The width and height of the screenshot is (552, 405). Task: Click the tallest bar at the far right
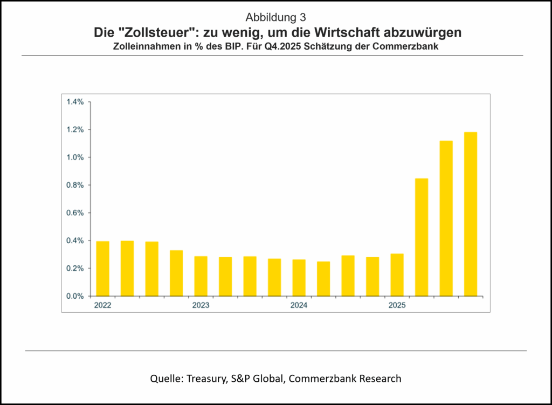(471, 214)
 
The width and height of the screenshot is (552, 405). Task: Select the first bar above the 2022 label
(102, 269)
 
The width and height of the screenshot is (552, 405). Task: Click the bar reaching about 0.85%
(422, 237)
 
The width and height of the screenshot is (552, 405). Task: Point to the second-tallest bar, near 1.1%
(446, 218)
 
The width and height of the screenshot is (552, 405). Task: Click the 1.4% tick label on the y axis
(75, 102)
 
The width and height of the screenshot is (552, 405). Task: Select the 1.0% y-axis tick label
(75, 157)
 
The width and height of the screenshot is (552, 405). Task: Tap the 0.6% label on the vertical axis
(75, 213)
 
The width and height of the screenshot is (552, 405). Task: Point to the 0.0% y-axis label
(75, 296)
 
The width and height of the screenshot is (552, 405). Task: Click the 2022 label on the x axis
(102, 306)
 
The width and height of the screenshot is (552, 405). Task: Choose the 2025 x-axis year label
(397, 306)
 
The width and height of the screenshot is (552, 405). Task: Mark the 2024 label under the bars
(299, 306)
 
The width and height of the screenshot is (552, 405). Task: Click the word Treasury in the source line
(206, 379)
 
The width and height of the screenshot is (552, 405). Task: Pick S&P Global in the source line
(258, 379)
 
